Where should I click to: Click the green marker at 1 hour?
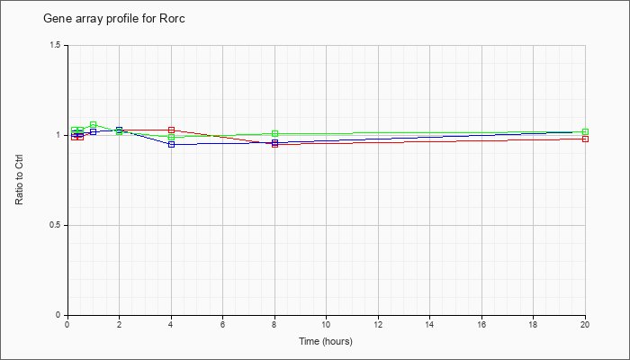tap(94, 124)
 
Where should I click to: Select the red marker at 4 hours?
tap(172, 130)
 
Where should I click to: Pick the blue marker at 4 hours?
tap(172, 144)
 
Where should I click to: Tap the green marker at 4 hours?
tap(172, 137)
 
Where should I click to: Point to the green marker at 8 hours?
tap(274, 133)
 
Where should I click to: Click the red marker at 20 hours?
tap(585, 139)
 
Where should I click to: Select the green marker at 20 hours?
tap(585, 131)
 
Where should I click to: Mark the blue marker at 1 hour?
tap(94, 131)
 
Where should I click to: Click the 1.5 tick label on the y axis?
tap(56, 45)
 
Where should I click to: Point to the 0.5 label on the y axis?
tap(56, 225)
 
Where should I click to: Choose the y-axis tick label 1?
tap(59, 135)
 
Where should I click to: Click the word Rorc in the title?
tap(174, 19)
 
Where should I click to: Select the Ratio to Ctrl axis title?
tap(19, 180)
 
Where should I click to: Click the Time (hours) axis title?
tap(326, 341)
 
